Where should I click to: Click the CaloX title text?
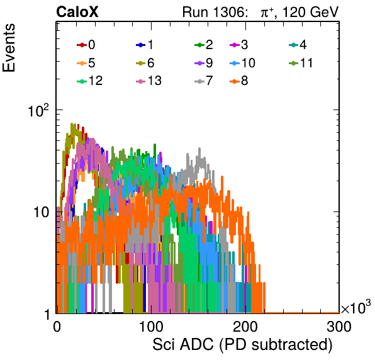coord(77,12)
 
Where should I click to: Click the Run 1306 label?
coord(214,12)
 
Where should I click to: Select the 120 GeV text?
coord(311,12)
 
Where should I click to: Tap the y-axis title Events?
coord(9,48)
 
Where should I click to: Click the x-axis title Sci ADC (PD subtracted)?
coord(242,345)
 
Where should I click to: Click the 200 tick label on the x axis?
coord(245,327)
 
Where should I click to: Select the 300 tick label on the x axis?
coord(339,327)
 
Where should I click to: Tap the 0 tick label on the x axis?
coord(57,327)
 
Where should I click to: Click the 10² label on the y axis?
coord(38,111)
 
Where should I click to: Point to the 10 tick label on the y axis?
coord(42,212)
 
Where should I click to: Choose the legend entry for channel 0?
coord(86,45)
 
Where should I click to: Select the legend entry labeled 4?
coord(298,45)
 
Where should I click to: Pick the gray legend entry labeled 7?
coord(203,81)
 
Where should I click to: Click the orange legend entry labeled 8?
coord(238,81)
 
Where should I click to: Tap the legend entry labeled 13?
coord(148,81)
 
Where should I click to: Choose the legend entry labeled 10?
coord(242,63)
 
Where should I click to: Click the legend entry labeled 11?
coord(301,63)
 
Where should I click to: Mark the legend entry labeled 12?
coord(90,81)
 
